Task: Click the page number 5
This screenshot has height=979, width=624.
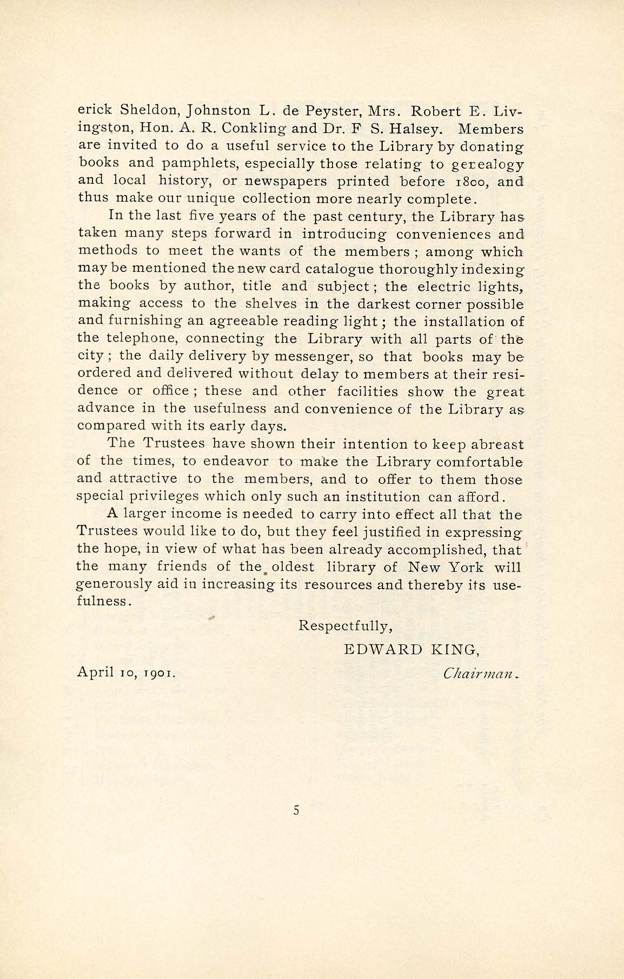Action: point(296,810)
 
